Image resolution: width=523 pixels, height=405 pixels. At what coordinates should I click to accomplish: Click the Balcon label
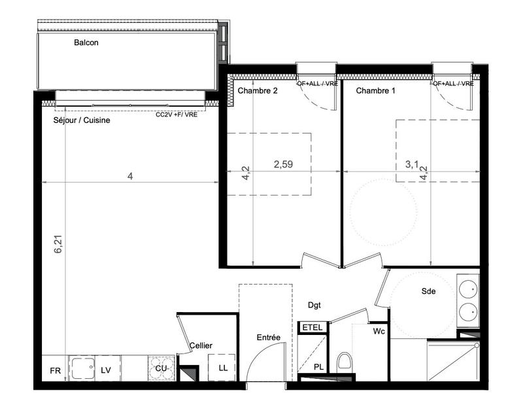tap(86, 43)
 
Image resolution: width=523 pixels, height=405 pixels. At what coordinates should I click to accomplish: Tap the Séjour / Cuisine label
tap(81, 120)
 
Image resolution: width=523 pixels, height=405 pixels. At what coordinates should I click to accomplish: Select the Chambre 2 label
tap(258, 91)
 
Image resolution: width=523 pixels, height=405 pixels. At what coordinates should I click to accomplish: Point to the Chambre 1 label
tap(375, 91)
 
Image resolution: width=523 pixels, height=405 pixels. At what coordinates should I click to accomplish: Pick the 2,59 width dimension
tap(282, 164)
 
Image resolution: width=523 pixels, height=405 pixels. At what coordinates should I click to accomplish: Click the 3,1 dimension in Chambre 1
tap(412, 164)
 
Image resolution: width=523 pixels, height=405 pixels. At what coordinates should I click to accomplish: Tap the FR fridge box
tap(56, 371)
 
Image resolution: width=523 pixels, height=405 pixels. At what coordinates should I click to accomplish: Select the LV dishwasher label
tap(106, 371)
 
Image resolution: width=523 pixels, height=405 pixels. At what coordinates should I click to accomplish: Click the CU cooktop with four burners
tap(161, 368)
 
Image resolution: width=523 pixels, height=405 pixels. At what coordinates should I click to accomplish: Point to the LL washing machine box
tap(223, 368)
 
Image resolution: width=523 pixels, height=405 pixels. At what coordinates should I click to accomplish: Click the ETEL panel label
tap(311, 327)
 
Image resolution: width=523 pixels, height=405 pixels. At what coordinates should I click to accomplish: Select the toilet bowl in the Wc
tap(344, 362)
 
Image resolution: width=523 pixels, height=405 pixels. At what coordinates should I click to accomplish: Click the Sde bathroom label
tap(428, 292)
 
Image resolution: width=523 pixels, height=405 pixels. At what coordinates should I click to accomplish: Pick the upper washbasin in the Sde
tap(469, 288)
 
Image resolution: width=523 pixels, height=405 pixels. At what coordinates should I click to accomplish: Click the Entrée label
tap(268, 338)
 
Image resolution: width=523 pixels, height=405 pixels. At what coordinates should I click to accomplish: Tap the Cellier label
tap(201, 345)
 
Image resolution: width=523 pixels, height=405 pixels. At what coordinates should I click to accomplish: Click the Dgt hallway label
tap(316, 304)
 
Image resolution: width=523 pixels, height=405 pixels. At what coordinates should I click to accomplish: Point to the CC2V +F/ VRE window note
tap(176, 114)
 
